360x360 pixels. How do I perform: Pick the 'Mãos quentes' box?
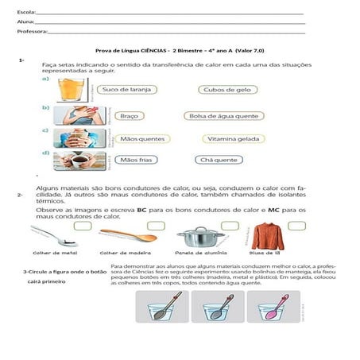[x=136, y=138]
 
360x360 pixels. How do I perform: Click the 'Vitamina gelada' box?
[x=231, y=138]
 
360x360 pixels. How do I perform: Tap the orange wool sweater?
[x=268, y=236]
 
